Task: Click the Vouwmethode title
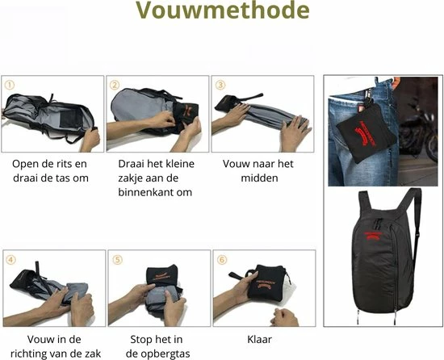[223, 10]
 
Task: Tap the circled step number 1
[10, 85]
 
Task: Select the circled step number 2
[115, 85]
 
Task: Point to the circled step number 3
[220, 85]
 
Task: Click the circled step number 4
[10, 260]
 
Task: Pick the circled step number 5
[117, 260]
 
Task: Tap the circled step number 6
[222, 260]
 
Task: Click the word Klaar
[259, 339]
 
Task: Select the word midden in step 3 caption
[259, 178]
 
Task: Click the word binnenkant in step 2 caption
[147, 192]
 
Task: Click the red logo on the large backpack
[374, 236]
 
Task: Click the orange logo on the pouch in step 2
[186, 110]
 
